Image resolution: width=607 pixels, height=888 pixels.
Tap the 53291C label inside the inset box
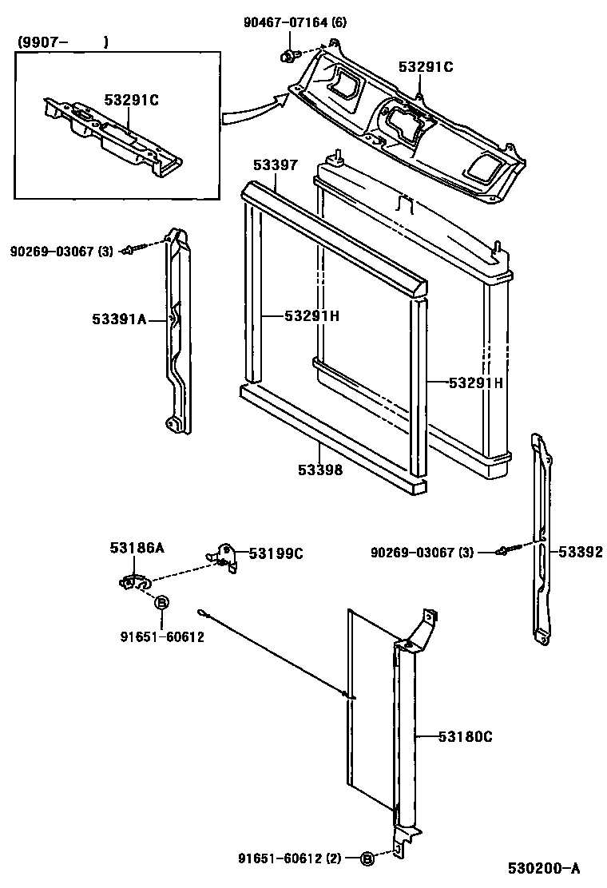pyautogui.click(x=131, y=100)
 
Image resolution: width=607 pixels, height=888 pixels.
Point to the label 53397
pyautogui.click(x=276, y=165)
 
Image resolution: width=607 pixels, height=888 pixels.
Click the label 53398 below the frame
pyautogui.click(x=320, y=470)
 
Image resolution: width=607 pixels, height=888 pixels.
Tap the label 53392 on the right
pyautogui.click(x=580, y=552)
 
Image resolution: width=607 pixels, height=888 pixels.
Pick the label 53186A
pyautogui.click(x=137, y=547)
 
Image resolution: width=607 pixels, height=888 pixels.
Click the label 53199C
pyautogui.click(x=276, y=553)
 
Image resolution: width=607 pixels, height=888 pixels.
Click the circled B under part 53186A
pyautogui.click(x=161, y=603)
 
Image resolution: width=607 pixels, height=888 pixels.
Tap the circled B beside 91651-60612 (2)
pyautogui.click(x=367, y=858)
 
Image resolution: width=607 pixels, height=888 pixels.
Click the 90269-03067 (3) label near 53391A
pyautogui.click(x=61, y=252)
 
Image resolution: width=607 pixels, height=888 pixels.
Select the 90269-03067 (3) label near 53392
pyautogui.click(x=422, y=553)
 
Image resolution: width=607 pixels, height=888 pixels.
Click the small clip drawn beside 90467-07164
pyautogui.click(x=287, y=56)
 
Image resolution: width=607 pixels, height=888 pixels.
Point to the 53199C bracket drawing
pyautogui.click(x=225, y=557)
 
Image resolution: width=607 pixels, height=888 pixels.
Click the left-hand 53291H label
pyautogui.click(x=312, y=316)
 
